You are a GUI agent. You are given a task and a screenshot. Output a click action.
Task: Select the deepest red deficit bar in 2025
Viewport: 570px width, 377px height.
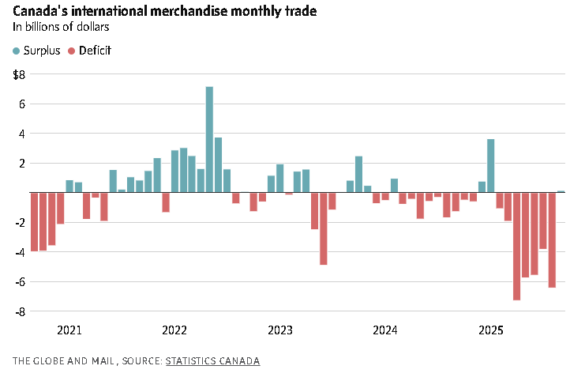[516, 246]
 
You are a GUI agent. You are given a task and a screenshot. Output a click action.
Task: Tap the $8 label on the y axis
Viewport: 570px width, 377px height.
[20, 74]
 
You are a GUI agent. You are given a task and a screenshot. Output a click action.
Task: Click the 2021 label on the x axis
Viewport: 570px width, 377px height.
[69, 330]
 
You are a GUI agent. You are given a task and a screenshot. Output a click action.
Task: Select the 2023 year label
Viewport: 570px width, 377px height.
[280, 330]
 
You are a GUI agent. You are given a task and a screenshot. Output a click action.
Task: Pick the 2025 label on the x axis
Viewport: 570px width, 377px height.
[491, 330]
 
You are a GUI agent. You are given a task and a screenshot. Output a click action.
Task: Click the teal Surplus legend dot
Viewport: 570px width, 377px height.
[17, 51]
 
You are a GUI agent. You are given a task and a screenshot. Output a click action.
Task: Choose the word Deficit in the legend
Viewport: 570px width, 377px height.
[95, 51]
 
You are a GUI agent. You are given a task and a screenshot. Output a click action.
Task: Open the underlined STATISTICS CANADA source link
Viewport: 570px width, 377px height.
[212, 360]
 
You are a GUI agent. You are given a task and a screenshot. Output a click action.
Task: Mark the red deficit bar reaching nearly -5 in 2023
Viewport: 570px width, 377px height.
[324, 228]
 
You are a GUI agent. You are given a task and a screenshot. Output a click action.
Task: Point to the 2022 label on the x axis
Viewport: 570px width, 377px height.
[174, 330]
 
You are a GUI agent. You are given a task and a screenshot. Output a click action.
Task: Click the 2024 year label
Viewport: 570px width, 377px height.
[384, 330]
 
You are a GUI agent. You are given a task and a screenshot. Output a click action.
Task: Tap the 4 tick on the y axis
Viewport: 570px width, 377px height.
[22, 134]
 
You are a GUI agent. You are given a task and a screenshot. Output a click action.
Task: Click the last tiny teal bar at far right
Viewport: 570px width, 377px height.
[561, 191]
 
